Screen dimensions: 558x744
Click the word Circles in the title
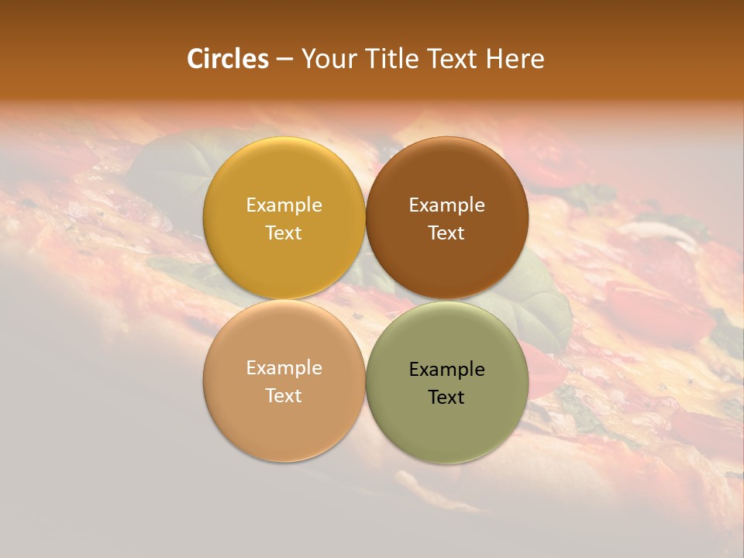tap(228, 59)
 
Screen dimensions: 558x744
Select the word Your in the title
tap(326, 59)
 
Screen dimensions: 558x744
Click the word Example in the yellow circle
tap(284, 205)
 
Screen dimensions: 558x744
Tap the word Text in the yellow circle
tap(284, 233)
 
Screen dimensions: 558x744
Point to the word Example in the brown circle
tap(446, 205)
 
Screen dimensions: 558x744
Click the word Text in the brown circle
tap(446, 233)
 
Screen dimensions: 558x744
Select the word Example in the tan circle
tap(284, 367)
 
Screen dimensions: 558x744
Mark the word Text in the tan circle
tap(284, 396)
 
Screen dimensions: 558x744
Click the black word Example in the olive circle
tap(446, 369)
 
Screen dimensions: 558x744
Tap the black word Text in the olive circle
tap(446, 398)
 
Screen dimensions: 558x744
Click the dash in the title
tap(284, 60)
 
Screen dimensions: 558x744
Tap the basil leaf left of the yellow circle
tap(167, 167)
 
